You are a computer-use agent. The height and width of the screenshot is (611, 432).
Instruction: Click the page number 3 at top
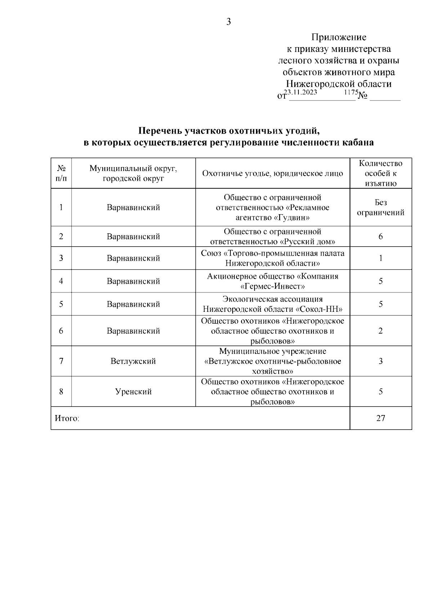(228, 22)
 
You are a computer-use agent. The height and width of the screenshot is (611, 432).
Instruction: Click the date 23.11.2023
(301, 92)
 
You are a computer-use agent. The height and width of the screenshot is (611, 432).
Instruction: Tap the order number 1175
(351, 92)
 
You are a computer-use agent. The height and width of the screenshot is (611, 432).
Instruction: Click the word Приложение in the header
(339, 37)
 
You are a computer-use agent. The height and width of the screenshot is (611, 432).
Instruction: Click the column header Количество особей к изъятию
(381, 173)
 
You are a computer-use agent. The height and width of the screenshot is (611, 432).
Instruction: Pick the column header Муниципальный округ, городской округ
(133, 173)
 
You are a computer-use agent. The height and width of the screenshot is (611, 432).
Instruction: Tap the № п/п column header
(61, 173)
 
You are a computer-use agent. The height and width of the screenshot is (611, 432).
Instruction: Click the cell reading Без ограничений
(381, 208)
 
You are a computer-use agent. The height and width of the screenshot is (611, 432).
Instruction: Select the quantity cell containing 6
(381, 237)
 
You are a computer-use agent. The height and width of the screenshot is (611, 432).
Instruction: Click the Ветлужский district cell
(133, 361)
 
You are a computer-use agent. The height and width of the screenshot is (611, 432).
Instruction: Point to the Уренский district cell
(133, 392)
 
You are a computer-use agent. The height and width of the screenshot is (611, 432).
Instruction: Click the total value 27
(381, 418)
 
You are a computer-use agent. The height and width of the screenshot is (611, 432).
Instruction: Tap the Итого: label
(67, 418)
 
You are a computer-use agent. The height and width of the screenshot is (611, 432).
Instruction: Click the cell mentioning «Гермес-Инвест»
(273, 281)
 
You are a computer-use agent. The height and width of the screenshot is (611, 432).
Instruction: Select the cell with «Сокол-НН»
(273, 304)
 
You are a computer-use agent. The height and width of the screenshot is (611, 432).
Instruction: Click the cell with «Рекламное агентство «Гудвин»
(273, 208)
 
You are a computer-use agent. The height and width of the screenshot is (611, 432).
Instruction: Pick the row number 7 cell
(61, 361)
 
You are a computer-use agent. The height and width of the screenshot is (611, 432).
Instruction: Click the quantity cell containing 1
(381, 258)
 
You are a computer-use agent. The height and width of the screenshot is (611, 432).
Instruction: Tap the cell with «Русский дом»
(273, 237)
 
